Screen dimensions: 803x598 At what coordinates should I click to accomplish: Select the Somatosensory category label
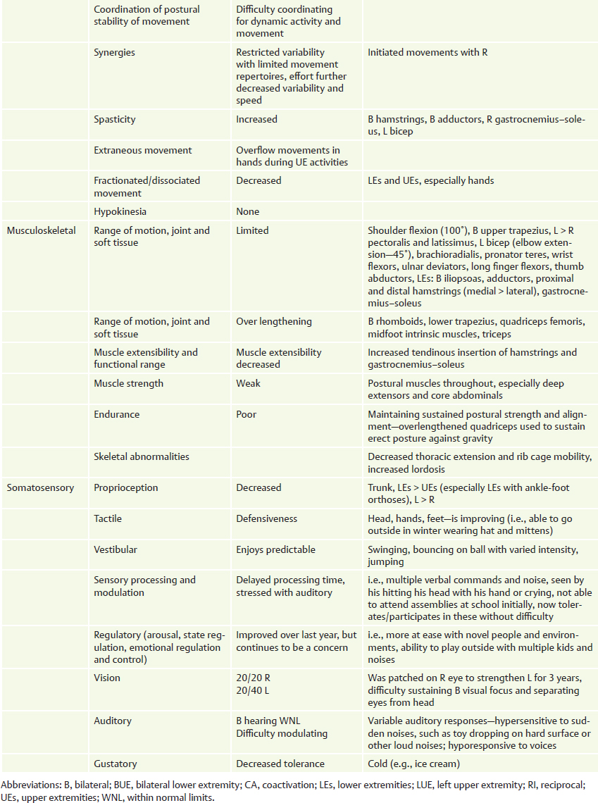(40, 487)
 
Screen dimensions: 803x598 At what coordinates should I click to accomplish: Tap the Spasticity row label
(115, 120)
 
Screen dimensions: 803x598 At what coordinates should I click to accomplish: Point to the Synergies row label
(115, 52)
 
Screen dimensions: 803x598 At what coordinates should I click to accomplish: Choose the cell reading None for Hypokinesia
(247, 211)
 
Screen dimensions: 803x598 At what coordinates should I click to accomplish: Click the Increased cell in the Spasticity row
(256, 120)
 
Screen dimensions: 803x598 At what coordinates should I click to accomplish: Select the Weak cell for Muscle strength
(248, 383)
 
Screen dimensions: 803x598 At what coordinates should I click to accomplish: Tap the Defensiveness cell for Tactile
(267, 518)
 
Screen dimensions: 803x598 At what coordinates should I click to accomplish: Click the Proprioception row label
(126, 487)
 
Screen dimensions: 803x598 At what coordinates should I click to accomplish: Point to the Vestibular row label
(116, 549)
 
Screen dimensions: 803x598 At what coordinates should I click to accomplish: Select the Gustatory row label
(116, 764)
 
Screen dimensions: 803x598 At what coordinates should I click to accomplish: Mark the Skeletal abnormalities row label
(142, 456)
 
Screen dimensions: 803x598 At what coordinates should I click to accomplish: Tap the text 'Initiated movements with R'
(428, 52)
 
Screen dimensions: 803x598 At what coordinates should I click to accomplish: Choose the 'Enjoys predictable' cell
(275, 549)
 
